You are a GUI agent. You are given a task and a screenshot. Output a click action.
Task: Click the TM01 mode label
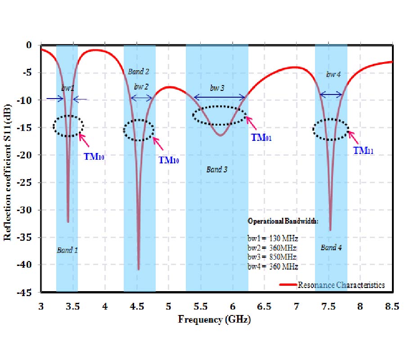(x=262, y=138)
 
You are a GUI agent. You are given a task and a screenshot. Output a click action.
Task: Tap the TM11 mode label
(x=364, y=150)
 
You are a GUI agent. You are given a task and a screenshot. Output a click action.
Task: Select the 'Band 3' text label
(x=217, y=170)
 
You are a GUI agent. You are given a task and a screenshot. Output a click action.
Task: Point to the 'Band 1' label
(x=67, y=250)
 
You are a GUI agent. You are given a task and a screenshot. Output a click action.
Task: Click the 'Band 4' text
(x=331, y=247)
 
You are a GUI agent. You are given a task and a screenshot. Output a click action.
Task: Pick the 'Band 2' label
(x=138, y=72)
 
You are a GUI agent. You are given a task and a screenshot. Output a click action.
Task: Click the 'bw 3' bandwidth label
(x=217, y=88)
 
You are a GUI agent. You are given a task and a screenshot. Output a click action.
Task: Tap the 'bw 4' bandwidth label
(x=333, y=74)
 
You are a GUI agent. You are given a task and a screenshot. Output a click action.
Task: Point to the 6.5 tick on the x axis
(x=264, y=307)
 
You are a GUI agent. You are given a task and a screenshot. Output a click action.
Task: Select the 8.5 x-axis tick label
(x=392, y=307)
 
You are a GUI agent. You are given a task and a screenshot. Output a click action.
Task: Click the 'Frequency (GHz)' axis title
(x=214, y=320)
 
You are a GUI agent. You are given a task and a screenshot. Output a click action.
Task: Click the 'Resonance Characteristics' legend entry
(x=341, y=284)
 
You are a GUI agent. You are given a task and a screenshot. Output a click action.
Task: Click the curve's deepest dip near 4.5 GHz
(x=139, y=269)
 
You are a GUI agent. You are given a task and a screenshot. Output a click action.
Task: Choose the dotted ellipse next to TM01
(x=220, y=116)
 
